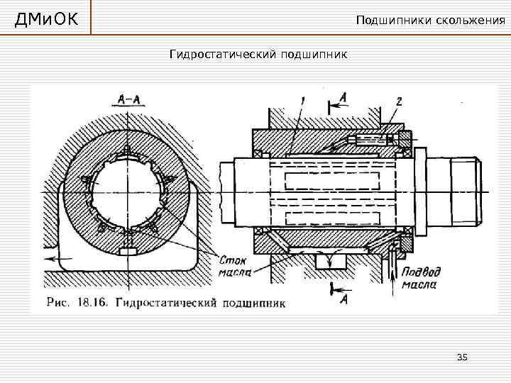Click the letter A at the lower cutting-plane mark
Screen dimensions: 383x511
tap(344, 299)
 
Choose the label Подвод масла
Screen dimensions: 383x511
tap(421, 277)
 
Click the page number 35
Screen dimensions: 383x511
tap(462, 357)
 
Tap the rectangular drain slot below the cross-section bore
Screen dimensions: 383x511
tap(128, 251)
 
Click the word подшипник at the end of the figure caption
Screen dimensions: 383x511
tap(254, 304)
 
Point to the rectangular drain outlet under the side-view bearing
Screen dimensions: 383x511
tap(330, 262)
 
